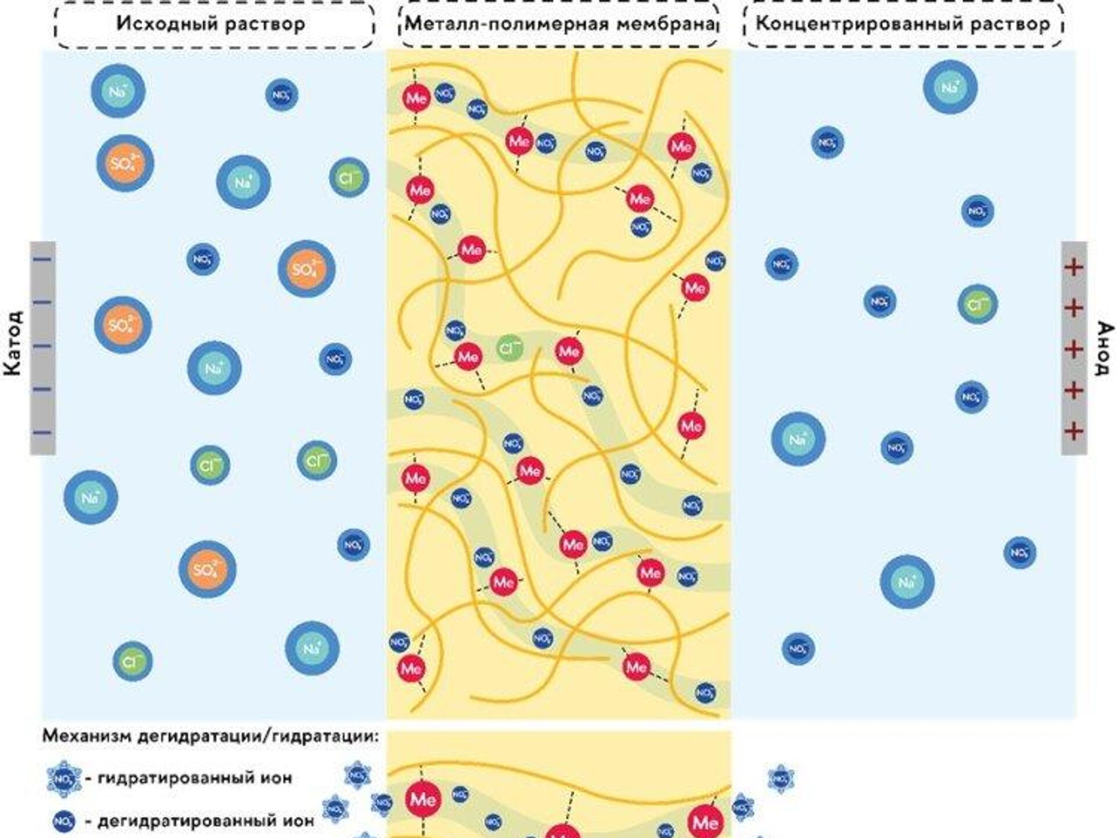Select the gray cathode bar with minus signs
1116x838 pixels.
(42, 347)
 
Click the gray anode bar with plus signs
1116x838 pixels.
(1074, 347)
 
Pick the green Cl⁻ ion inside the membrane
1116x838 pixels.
(510, 349)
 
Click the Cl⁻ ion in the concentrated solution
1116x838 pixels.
(977, 304)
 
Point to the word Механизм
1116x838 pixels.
(87, 736)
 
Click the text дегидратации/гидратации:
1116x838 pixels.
(258, 737)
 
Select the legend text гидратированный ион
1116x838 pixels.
(194, 777)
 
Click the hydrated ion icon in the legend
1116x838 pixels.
(63, 778)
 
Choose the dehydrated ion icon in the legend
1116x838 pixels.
(63, 821)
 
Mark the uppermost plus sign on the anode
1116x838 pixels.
(1074, 267)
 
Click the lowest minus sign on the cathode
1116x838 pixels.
(42, 432)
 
